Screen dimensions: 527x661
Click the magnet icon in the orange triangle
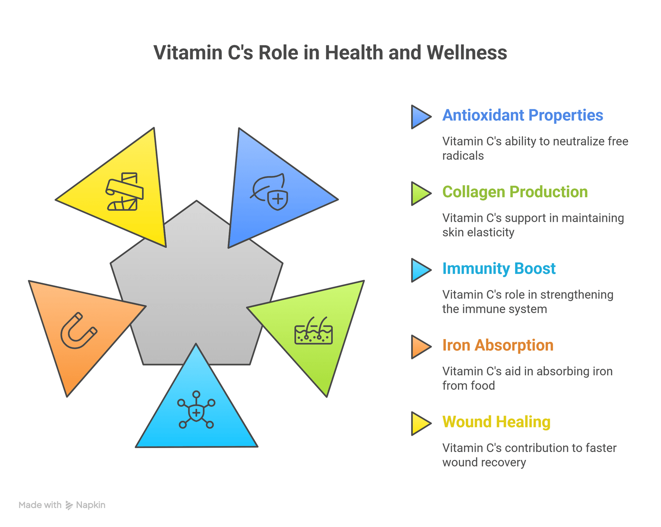tap(78, 331)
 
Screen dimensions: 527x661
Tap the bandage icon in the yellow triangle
tap(124, 191)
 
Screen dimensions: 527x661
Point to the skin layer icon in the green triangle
tap(313, 331)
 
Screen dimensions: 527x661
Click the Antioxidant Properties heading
tap(522, 115)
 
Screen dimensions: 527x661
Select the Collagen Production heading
tap(515, 192)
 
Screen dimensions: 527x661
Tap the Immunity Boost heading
tap(498, 269)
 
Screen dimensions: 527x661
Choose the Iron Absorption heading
tap(498, 345)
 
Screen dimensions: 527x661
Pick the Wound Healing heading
tap(496, 422)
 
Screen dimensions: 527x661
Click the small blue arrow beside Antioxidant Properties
tap(420, 117)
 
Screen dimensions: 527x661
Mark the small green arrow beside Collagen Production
tap(420, 194)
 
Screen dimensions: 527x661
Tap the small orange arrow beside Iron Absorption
tap(420, 347)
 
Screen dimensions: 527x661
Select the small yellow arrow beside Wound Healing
tap(420, 424)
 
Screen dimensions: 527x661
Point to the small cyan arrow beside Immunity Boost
tap(420, 270)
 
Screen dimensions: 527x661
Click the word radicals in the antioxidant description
tap(463, 156)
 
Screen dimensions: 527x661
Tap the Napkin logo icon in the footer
tap(69, 505)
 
